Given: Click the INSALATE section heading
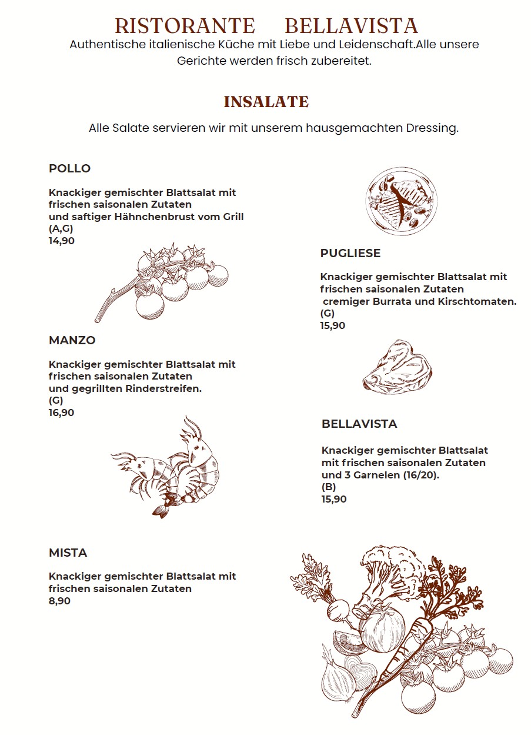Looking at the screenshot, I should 266,102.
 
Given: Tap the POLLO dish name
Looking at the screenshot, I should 69,169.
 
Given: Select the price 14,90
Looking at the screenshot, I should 62,241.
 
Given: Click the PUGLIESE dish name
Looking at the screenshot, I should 350,254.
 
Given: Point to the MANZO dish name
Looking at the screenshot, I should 72,341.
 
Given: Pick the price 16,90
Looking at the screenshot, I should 61,413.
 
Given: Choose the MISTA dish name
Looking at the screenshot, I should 68,553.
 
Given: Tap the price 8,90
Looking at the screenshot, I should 59,601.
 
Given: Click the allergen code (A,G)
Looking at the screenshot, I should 61,229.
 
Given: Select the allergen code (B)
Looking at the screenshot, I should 329,487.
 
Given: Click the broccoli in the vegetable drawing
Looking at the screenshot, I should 391,568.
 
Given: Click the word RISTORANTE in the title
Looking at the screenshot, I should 185,26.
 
